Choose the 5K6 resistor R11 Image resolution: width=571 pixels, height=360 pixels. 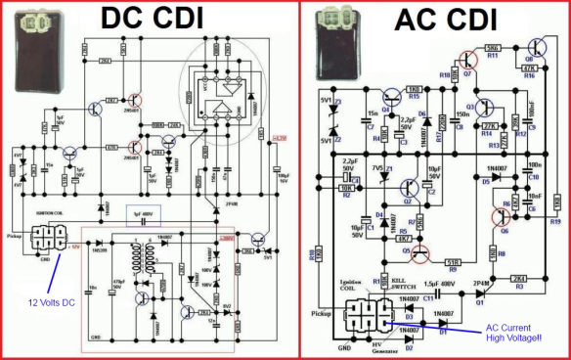[x=494, y=49]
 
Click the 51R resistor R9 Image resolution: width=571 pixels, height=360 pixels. [x=454, y=261]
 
